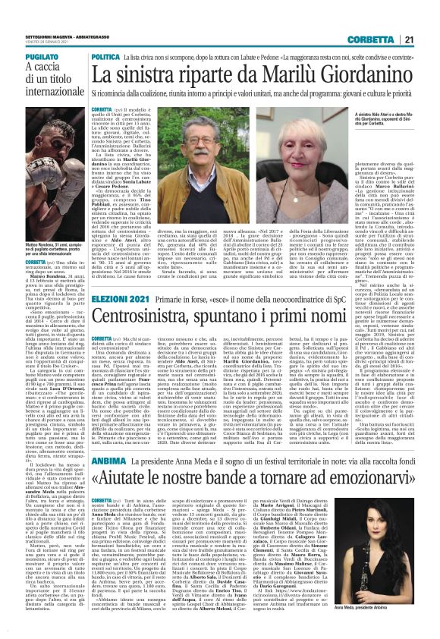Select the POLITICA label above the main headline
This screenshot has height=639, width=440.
[106, 57]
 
